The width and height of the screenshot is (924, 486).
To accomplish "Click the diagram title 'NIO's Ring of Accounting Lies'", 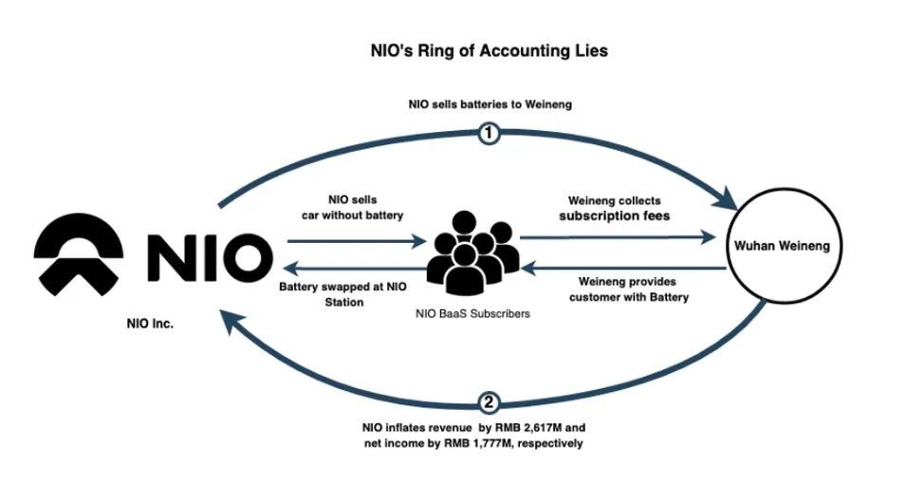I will click(488, 50).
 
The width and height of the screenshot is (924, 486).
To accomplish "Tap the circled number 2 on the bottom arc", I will click(489, 403).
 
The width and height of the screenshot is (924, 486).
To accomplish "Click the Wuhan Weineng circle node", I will click(783, 246).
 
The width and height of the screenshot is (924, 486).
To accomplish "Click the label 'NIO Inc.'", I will click(150, 324).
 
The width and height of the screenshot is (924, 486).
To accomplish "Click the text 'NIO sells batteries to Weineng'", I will click(489, 104).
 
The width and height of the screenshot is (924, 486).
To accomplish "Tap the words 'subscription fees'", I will click(614, 216).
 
